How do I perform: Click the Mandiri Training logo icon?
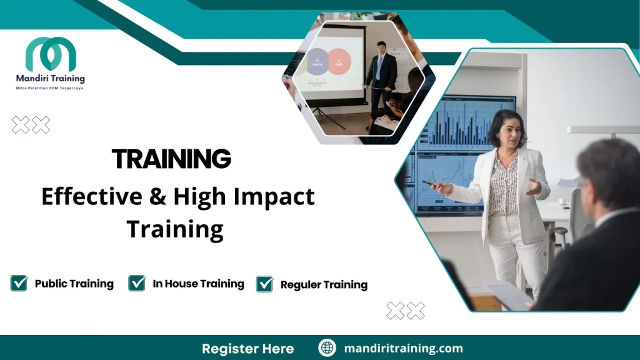click(x=50, y=55)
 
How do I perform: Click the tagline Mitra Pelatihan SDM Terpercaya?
click(x=50, y=89)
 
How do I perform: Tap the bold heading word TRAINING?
click(x=171, y=159)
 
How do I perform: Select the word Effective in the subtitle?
click(x=92, y=197)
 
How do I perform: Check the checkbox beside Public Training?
click(x=19, y=283)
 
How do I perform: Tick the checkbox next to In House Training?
click(x=137, y=283)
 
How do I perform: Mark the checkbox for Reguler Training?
click(x=265, y=284)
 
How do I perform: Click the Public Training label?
click(x=74, y=284)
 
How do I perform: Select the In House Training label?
click(x=198, y=284)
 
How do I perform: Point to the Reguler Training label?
click(x=324, y=285)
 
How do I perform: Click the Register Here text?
click(x=247, y=348)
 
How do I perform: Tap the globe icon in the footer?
click(x=327, y=348)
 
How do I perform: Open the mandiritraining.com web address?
click(x=403, y=348)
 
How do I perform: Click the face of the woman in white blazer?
click(x=506, y=132)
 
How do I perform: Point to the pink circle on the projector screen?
click(x=339, y=62)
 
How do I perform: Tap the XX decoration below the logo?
click(x=31, y=126)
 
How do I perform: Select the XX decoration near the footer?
click(x=406, y=310)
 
